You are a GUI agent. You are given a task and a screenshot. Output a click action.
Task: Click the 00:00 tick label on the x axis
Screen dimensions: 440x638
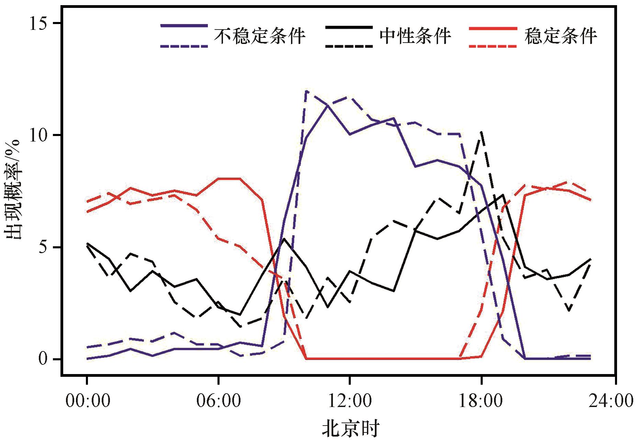tap(88, 401)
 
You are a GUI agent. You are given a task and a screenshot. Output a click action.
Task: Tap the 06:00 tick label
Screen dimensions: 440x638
tap(219, 401)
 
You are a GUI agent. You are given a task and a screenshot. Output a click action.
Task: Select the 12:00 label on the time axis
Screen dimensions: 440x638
tap(350, 401)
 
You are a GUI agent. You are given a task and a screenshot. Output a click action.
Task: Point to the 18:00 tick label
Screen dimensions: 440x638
tap(481, 401)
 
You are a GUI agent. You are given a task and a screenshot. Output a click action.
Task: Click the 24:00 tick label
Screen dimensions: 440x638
tap(611, 401)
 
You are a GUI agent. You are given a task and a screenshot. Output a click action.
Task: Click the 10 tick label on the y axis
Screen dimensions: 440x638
tap(38, 135)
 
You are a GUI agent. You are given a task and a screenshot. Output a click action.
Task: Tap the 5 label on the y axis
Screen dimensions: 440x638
tap(44, 247)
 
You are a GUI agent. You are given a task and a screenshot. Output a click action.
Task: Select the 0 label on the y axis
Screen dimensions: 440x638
tap(44, 359)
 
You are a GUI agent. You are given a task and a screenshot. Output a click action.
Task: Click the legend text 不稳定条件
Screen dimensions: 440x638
tap(260, 35)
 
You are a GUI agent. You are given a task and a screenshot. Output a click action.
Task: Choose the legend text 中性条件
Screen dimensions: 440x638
tap(415, 35)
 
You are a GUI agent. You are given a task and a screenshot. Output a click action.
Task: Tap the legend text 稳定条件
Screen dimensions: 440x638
tap(561, 35)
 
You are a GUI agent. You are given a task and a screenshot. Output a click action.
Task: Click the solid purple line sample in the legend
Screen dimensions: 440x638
tap(184, 25)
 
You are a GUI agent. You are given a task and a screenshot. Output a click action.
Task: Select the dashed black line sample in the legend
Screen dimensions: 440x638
tap(349, 45)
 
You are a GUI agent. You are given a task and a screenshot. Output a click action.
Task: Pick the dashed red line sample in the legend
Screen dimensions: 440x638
tap(493, 45)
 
